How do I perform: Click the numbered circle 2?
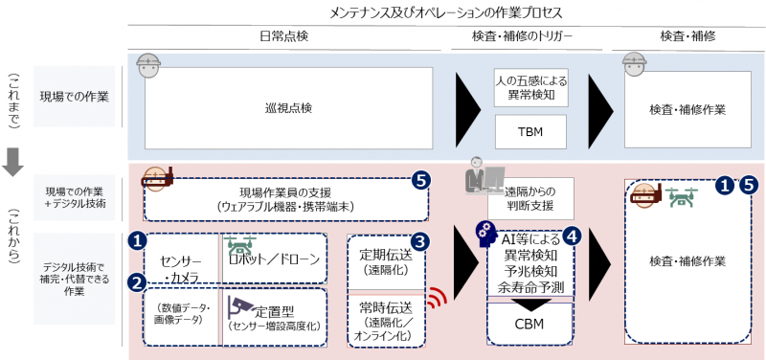138,282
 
